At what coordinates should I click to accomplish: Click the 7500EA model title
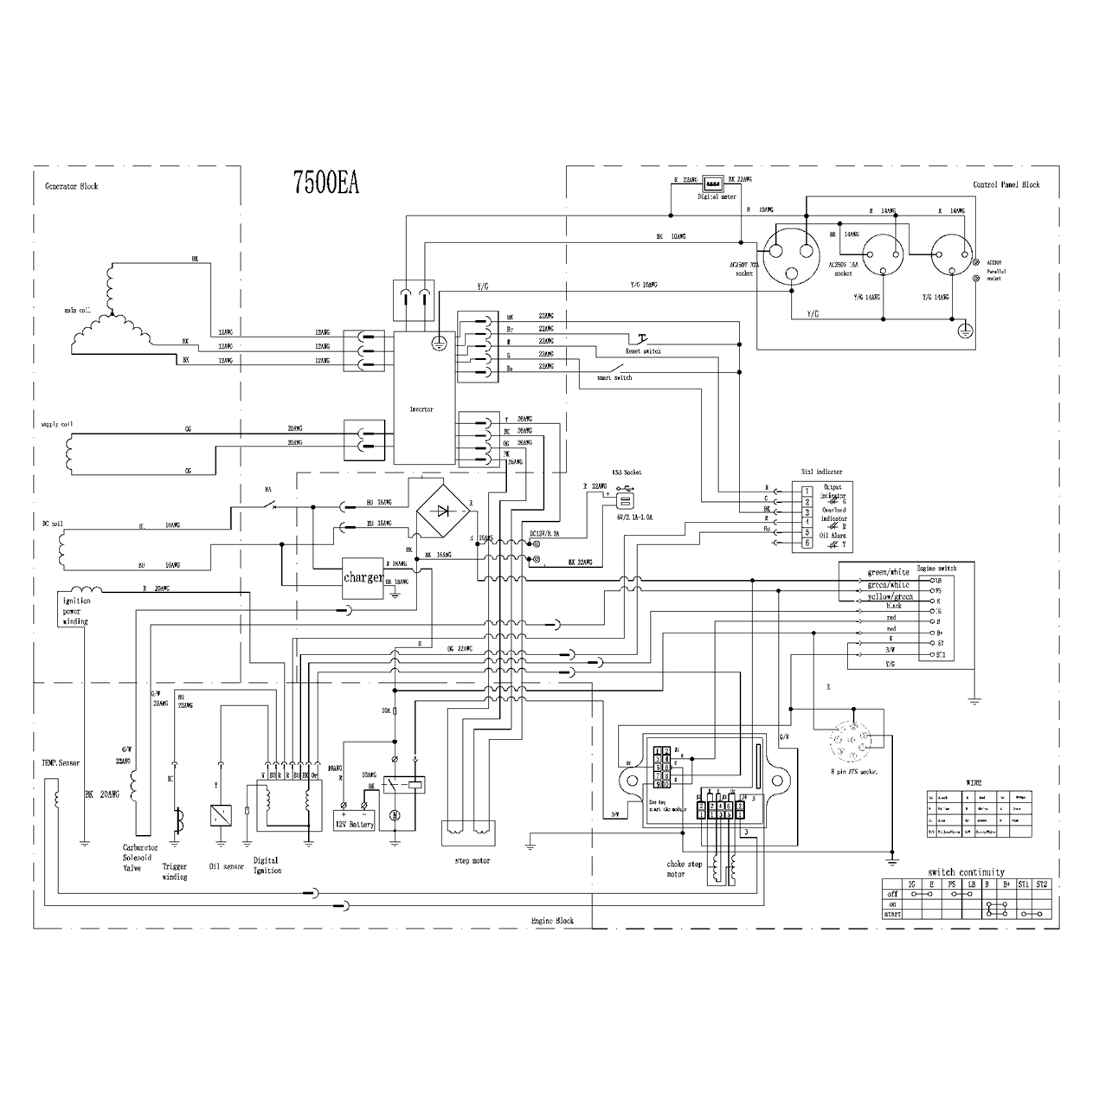[x=325, y=183]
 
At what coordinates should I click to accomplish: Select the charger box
[x=363, y=576]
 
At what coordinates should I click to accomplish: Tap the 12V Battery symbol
[x=354, y=819]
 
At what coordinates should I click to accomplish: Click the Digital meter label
[x=717, y=196]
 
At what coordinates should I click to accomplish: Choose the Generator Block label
[x=71, y=186]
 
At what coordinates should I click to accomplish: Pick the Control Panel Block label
[x=1006, y=184]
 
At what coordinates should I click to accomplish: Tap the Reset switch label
[x=642, y=351]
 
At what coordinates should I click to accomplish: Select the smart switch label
[x=614, y=377]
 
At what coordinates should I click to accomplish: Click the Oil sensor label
[x=227, y=865]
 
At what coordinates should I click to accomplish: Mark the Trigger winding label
[x=175, y=871]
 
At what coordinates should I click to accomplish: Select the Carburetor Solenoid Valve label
[x=137, y=858]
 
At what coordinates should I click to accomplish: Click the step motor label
[x=472, y=861]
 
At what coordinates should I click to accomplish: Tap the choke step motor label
[x=684, y=869]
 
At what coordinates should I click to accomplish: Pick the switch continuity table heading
[x=966, y=872]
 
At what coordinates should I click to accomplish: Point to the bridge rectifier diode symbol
[x=443, y=510]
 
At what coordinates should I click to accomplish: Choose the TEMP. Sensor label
[x=61, y=763]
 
